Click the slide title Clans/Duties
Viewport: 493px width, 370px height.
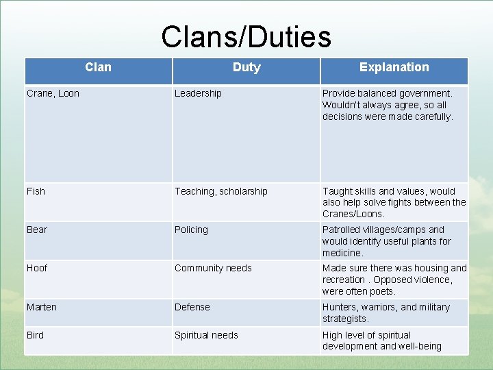[x=246, y=37]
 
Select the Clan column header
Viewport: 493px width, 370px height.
[x=98, y=67]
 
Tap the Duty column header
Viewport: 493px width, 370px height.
[x=246, y=67]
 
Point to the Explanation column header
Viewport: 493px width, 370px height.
[x=394, y=67]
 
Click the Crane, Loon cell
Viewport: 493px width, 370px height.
[x=53, y=93]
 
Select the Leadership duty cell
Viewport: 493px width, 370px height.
[x=198, y=93]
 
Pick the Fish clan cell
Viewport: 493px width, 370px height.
[x=36, y=191]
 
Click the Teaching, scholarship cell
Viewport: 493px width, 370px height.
[x=220, y=191]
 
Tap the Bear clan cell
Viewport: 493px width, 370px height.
[x=37, y=230]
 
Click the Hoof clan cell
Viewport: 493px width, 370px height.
[x=37, y=268]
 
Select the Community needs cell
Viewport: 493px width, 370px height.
[x=213, y=268]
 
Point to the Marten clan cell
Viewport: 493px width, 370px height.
[x=41, y=307]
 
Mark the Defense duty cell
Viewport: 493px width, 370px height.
[x=192, y=307]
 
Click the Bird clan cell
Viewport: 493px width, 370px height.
[x=35, y=335]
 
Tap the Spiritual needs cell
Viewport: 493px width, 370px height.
[x=206, y=335]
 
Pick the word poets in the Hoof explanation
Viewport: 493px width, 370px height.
[x=381, y=291]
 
